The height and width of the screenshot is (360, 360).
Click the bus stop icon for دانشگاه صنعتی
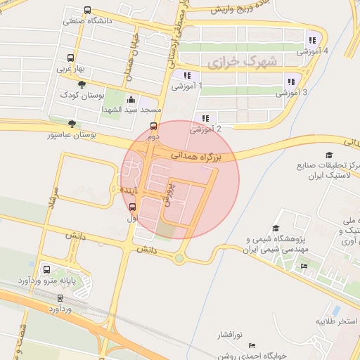tap(86, 11)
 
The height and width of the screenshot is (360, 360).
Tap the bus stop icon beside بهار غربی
tap(70, 58)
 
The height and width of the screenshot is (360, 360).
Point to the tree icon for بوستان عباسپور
tap(72, 123)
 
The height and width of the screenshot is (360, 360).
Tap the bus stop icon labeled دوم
tap(154, 127)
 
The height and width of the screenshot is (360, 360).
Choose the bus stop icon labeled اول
tap(131, 206)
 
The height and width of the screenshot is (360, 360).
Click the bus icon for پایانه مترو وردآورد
tap(47, 269)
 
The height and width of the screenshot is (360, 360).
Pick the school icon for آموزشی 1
tap(186, 75)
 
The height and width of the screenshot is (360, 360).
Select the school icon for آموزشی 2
tap(205, 118)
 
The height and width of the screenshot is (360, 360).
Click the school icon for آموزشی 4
tap(311, 40)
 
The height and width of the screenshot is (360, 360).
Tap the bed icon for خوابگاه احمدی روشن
tap(252, 345)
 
